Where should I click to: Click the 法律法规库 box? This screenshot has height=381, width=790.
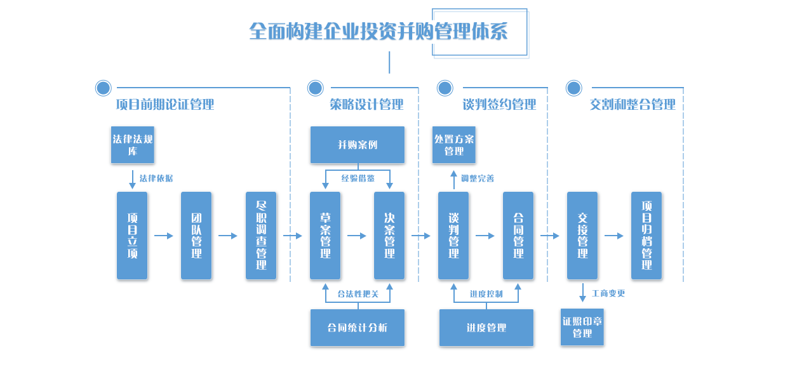133,145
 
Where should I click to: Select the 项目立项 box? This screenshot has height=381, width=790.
132,236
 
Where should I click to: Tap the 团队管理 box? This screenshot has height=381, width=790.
196,236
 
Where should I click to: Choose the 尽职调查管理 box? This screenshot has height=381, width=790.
261,236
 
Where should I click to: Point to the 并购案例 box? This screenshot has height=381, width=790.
357,145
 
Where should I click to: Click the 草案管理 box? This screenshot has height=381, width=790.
325,236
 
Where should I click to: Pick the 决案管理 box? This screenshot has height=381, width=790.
389,236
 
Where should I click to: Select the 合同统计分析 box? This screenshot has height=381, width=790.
357,328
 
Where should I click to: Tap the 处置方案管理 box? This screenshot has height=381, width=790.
454,145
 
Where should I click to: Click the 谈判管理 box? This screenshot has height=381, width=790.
453,236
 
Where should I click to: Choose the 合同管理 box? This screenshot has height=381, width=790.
518,236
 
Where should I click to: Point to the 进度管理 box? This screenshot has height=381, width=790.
486,328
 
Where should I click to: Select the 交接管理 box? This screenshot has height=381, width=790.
582,236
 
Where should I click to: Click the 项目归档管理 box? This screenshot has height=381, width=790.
646,236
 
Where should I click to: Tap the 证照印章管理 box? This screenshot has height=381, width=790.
582,328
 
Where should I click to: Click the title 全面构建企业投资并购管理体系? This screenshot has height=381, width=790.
378,32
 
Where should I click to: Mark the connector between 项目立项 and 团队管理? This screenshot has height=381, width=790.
164,236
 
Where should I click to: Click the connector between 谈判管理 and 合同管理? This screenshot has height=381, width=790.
485,236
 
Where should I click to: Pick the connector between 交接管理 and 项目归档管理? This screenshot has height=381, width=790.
614,236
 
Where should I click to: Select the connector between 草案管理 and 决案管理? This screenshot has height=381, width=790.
357,236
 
